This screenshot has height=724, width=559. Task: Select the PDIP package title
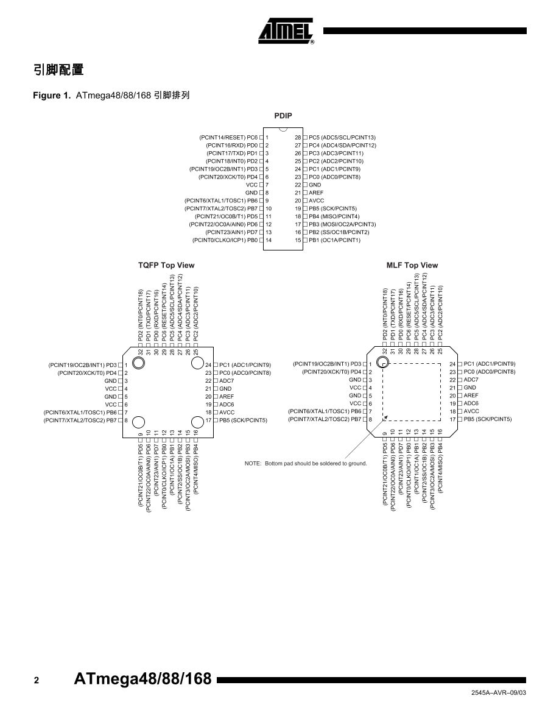(283, 115)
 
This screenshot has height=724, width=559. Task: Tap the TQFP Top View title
(166, 265)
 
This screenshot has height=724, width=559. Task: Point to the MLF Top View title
(412, 265)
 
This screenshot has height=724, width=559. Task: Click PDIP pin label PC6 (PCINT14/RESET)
(228, 138)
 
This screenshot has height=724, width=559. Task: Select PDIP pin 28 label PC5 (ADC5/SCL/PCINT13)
(342, 138)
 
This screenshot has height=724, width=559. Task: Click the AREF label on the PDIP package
(316, 193)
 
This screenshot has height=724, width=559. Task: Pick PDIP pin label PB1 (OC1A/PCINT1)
(334, 240)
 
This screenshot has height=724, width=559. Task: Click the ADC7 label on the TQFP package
(227, 380)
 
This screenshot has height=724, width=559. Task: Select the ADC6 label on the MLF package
(471, 403)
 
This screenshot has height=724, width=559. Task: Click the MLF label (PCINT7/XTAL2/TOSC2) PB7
(326, 419)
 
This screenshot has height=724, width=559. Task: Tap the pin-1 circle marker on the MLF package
(383, 363)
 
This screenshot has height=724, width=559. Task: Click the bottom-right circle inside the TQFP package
(197, 422)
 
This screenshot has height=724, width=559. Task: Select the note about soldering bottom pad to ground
(306, 463)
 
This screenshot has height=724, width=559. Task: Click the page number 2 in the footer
(37, 681)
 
